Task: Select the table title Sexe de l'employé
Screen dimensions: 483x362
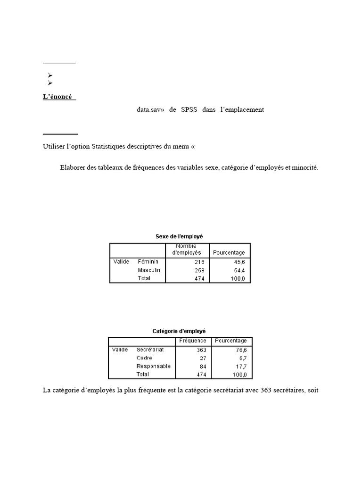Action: [x=179, y=236]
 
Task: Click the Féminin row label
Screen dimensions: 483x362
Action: [x=148, y=261]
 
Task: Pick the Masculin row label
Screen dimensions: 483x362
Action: [x=149, y=270]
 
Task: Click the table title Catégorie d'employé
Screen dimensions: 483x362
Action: [x=179, y=331]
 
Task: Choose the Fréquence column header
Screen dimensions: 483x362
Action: [x=193, y=341]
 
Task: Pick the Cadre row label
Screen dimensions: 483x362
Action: [x=144, y=358]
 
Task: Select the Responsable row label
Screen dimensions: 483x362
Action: [x=154, y=366]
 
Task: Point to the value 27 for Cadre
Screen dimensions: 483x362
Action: [x=203, y=358]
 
